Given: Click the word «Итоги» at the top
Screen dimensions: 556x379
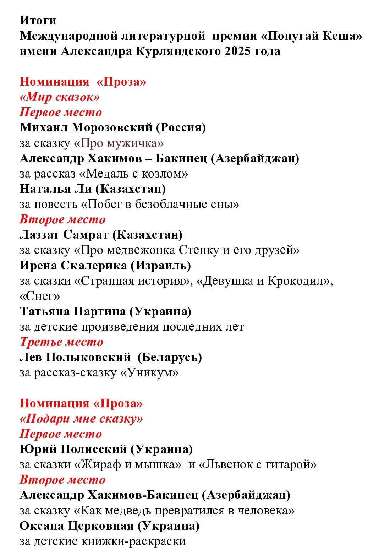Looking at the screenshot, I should pyautogui.click(x=38, y=21).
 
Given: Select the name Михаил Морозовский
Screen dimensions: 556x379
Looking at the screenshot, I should pyautogui.click(x=86, y=127).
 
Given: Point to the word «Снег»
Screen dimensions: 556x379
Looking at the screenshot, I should pyautogui.click(x=40, y=296).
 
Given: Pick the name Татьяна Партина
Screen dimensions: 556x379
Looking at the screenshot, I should pyautogui.click(x=73, y=311).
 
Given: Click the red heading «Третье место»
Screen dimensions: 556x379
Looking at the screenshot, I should pyautogui.click(x=61, y=342).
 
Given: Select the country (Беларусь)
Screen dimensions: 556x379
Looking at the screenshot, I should pyautogui.click(x=170, y=357).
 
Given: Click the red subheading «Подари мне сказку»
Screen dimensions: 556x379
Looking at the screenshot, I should pyautogui.click(x=81, y=419).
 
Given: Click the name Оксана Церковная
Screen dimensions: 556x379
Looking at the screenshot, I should pyautogui.click(x=76, y=526).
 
